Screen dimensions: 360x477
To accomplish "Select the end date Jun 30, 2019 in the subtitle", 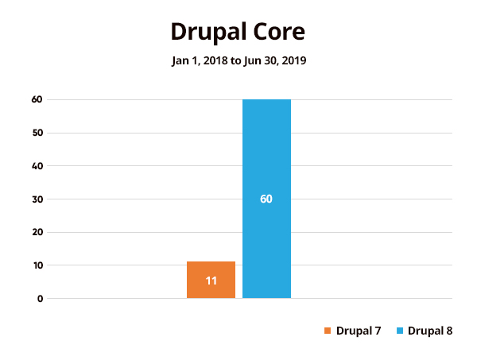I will (x=275, y=60).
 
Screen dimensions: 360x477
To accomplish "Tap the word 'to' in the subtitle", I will (x=236, y=60).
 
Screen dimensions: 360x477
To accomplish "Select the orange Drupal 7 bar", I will (x=211, y=280).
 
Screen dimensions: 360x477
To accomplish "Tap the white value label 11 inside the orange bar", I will (x=211, y=281).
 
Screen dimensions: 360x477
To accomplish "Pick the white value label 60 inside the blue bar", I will (x=266, y=199).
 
